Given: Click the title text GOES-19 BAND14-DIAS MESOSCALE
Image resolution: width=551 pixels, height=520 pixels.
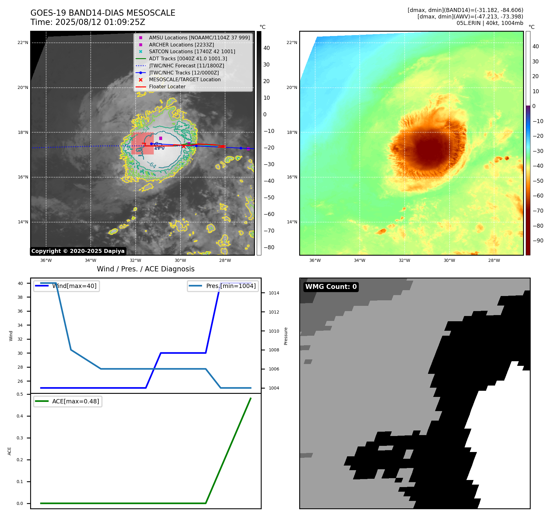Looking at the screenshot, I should [103, 13].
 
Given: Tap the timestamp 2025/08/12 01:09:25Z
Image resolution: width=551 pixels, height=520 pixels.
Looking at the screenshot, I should [100, 22].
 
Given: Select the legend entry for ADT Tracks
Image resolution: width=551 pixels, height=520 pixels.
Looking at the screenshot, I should [188, 58].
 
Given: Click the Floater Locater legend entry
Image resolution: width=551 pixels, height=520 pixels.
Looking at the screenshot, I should [167, 87].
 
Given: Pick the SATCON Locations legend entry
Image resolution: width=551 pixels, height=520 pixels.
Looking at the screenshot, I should [192, 52].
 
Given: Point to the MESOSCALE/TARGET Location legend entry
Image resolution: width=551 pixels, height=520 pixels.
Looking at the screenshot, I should [184, 80].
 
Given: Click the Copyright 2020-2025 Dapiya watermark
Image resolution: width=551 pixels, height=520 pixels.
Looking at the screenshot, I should [78, 251].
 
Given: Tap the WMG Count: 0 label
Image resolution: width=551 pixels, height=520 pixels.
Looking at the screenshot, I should [331, 287].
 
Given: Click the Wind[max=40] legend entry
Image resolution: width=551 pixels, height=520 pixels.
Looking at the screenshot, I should [74, 286].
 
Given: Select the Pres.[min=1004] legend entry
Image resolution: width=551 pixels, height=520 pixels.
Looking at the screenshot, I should [231, 286].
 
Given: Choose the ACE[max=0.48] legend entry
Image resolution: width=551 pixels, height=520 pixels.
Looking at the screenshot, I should [75, 402].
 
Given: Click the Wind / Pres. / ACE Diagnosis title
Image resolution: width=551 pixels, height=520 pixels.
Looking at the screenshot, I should [145, 269].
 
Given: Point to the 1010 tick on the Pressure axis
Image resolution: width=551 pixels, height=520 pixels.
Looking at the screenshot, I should [274, 331].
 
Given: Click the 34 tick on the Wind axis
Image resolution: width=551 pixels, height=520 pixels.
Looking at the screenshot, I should [20, 325].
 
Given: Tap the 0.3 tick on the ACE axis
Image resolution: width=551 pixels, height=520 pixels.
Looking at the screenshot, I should [20, 438].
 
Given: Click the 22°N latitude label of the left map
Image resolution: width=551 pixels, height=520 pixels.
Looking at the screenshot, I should [23, 43].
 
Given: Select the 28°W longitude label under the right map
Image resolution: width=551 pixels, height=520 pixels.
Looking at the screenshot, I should [494, 261].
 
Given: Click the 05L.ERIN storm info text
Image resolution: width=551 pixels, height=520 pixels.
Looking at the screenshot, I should [490, 23].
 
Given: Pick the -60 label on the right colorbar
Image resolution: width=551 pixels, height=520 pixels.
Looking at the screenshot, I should [538, 196].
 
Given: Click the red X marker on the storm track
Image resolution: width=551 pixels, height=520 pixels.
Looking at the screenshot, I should [184, 146].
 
